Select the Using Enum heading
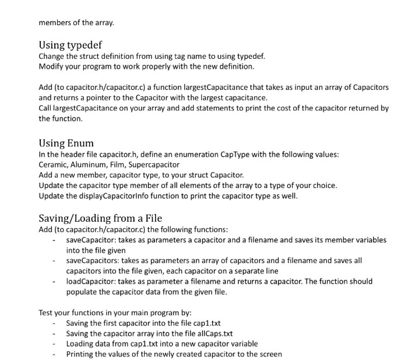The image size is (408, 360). (x=66, y=143)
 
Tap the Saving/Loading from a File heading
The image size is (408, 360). (x=100, y=218)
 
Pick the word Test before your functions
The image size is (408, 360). (x=47, y=312)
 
